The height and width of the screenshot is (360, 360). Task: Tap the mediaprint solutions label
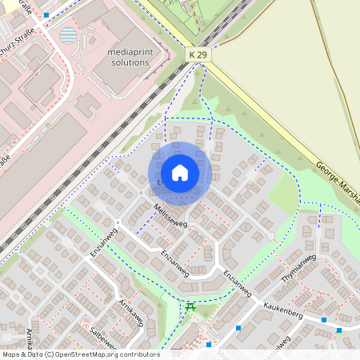click(128, 56)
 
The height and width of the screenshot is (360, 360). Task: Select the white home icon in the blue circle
click(180, 173)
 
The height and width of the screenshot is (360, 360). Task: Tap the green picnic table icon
click(190, 306)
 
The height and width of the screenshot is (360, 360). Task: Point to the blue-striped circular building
click(69, 35)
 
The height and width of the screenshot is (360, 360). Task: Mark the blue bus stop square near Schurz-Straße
click(46, 15)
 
